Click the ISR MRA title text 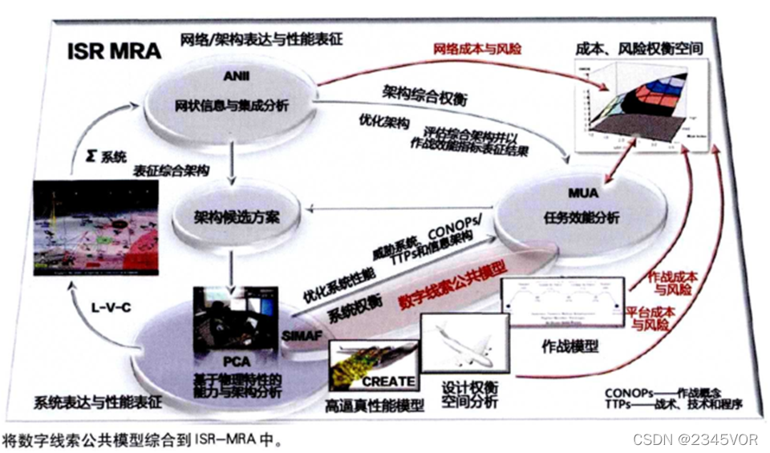coord(115,51)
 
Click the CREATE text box coord(389,381)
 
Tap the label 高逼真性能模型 coord(374,406)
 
